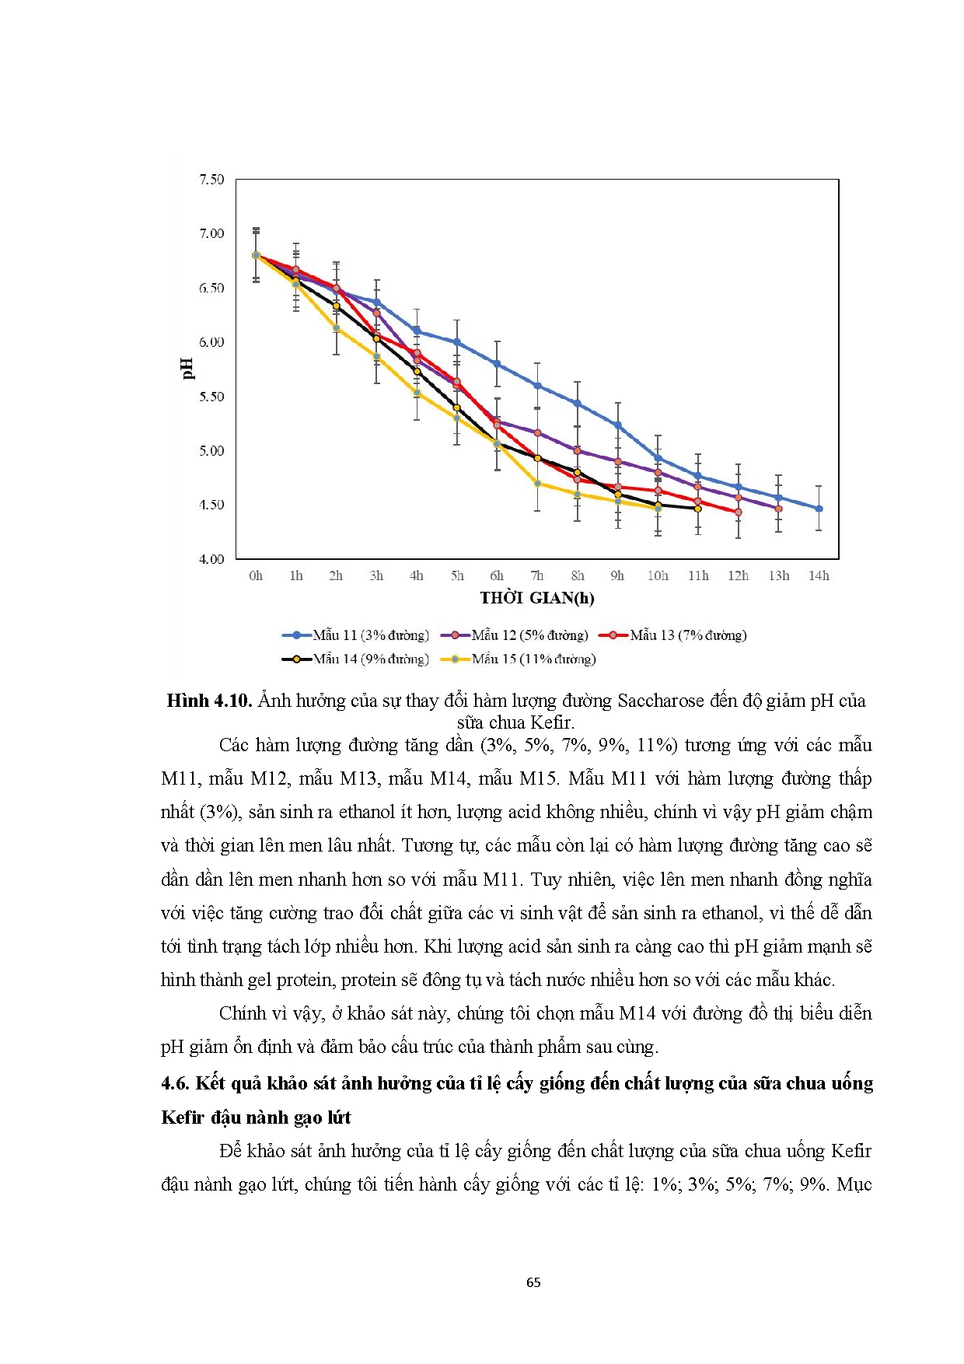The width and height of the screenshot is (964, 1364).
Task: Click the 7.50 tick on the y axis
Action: pyautogui.click(x=211, y=180)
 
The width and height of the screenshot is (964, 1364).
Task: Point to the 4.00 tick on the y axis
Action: pyautogui.click(x=211, y=559)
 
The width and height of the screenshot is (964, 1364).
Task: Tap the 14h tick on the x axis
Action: pyautogui.click(x=819, y=576)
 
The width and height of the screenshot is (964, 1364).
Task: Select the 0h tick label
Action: pyautogui.click(x=256, y=576)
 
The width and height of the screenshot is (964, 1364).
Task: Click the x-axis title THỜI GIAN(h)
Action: pyautogui.click(x=536, y=598)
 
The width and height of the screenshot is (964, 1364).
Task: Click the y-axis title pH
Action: pyautogui.click(x=187, y=369)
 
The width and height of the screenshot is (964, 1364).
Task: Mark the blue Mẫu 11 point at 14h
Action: pyautogui.click(x=819, y=509)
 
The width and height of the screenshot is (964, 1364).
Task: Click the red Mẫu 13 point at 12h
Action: pyautogui.click(x=739, y=512)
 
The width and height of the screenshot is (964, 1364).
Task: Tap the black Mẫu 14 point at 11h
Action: pyautogui.click(x=698, y=509)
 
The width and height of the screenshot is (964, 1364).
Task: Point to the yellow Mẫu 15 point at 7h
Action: pyautogui.click(x=537, y=484)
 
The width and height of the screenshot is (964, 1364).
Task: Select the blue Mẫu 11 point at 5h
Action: pyautogui.click(x=457, y=342)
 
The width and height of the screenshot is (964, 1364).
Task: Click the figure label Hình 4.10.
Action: pyautogui.click(x=209, y=701)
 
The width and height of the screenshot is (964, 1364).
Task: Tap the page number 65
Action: pyautogui.click(x=533, y=1282)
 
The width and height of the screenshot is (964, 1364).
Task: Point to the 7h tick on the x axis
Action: pyautogui.click(x=537, y=576)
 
